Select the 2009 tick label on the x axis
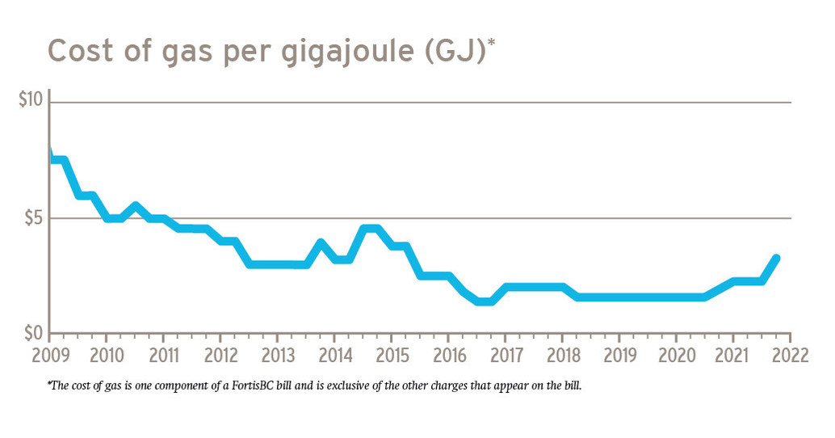[48, 356]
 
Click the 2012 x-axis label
[220, 356]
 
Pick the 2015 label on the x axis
[391, 356]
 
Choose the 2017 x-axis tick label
[505, 356]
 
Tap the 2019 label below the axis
[619, 356]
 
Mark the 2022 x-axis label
[791, 356]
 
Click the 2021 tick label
[733, 356]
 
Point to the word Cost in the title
[79, 50]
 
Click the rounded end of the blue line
[776, 259]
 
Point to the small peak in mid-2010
[135, 206]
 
